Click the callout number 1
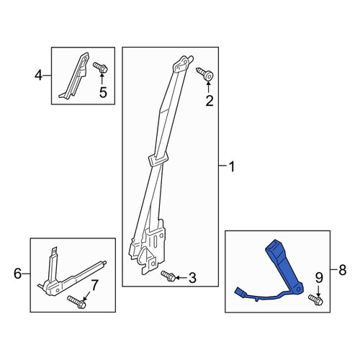pos(232,166)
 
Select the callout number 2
pos(210,101)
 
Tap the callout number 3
pos(192,278)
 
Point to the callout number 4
pos(38,75)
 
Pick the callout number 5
pos(103,92)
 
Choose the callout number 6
pos(17,274)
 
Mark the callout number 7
pos(94,286)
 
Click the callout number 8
pos(342,270)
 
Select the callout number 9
pos(319,278)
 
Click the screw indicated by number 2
pos(205,74)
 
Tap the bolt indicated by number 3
pos(168,276)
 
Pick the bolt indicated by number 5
pos(100,67)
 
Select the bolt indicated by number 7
pos(77,302)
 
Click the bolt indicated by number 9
pos(316,300)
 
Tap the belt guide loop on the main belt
pos(158,160)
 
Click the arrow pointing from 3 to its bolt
pos(182,278)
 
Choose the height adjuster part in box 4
pos(75,76)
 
